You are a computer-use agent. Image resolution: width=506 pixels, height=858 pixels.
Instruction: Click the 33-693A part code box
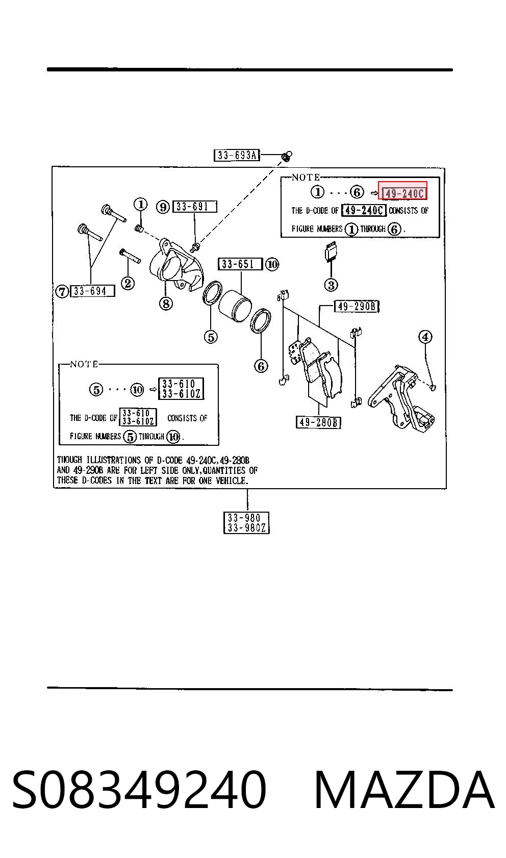coord(236,155)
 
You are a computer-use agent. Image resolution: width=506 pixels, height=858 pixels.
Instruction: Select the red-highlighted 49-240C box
coord(402,191)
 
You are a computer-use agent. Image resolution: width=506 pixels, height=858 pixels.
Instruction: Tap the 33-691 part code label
coord(194,207)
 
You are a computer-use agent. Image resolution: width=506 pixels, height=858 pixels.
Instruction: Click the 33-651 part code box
coord(240,264)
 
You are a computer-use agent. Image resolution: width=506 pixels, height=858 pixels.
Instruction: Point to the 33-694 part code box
coord(92,291)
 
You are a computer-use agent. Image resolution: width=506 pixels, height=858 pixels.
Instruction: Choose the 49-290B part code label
coord(357,307)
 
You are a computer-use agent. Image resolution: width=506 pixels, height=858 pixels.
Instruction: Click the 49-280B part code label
coord(318,422)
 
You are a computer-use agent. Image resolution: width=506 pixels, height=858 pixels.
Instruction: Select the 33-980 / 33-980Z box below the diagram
coord(247,523)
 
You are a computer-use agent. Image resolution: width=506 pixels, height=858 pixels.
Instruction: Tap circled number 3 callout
coord(331,285)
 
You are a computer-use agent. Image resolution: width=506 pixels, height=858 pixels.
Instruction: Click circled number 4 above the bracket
coord(425,337)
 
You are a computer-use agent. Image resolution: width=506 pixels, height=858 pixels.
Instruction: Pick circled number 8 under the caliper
coord(166,304)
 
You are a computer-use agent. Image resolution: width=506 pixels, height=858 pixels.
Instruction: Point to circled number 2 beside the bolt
coord(128,283)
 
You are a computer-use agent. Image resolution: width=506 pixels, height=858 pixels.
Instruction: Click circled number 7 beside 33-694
coord(62,291)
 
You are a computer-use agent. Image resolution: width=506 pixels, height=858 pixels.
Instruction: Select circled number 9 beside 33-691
coord(163,207)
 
